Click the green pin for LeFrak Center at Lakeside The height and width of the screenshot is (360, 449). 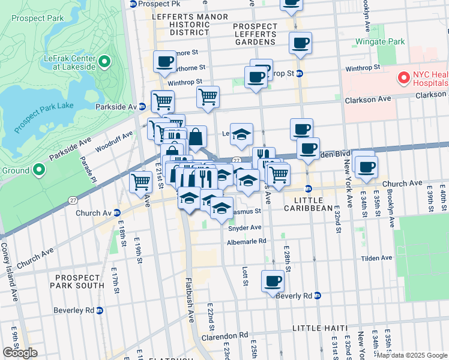tap(104, 61)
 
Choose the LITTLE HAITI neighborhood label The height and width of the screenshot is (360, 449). tap(320, 328)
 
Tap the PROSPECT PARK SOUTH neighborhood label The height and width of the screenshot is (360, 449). tap(77, 282)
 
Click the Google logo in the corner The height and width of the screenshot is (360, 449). tap(20, 353)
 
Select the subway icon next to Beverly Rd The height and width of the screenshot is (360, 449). tap(318, 296)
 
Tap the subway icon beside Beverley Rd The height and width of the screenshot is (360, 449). tap(100, 310)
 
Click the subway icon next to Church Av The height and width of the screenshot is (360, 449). tap(117, 213)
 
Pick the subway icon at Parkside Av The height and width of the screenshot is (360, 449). tap(142, 106)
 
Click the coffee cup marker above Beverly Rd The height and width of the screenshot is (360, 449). tap(273, 281)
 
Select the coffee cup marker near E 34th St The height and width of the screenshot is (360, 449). tap(366, 166)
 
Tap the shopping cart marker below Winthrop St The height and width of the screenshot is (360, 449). tap(208, 96)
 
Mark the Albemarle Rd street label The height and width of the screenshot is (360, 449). tap(246, 241)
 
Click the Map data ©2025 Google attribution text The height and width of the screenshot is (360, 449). tap(411, 355)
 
